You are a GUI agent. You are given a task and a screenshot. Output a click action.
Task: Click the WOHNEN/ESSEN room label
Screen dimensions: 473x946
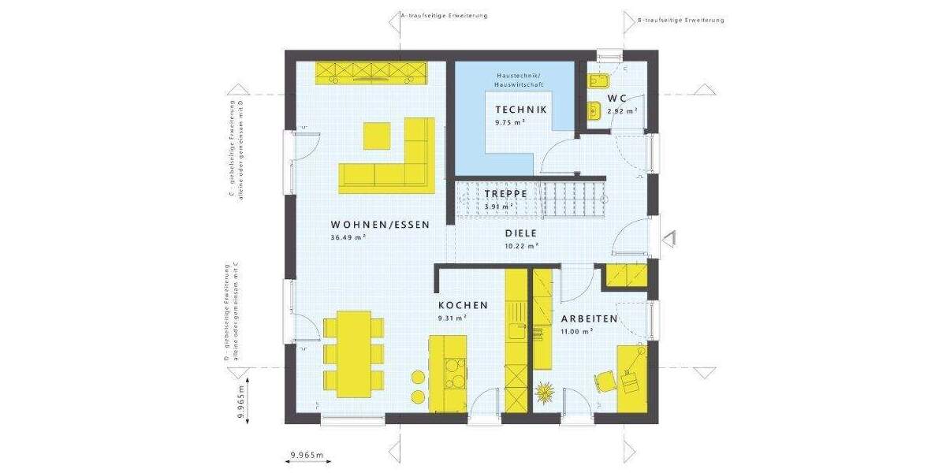pos(381,225)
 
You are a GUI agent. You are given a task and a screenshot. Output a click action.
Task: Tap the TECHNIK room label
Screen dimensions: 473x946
pos(520,110)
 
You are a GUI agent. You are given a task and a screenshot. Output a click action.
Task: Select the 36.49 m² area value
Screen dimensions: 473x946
pos(348,236)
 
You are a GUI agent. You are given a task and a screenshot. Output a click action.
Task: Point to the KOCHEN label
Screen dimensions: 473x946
pos(463,305)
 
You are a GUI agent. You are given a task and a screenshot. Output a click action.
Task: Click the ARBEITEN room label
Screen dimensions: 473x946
pos(589,319)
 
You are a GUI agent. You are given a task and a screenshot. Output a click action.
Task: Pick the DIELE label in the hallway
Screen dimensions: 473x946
pos(520,233)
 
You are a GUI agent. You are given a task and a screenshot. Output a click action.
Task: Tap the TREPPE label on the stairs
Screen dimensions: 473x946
pos(506,194)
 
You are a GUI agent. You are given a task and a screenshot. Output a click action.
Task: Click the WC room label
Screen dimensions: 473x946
pos(616,98)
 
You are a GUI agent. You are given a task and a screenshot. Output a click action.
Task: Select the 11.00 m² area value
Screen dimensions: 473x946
pos(576,332)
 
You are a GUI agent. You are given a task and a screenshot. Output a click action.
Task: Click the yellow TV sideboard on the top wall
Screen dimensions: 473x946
pos(371,72)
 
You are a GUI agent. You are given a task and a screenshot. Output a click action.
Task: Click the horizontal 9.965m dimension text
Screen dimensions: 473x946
pos(307,456)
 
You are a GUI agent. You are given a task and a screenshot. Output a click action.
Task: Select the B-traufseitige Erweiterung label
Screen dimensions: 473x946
pos(680,20)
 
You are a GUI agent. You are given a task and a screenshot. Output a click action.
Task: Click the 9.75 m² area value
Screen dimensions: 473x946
pos(510,123)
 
